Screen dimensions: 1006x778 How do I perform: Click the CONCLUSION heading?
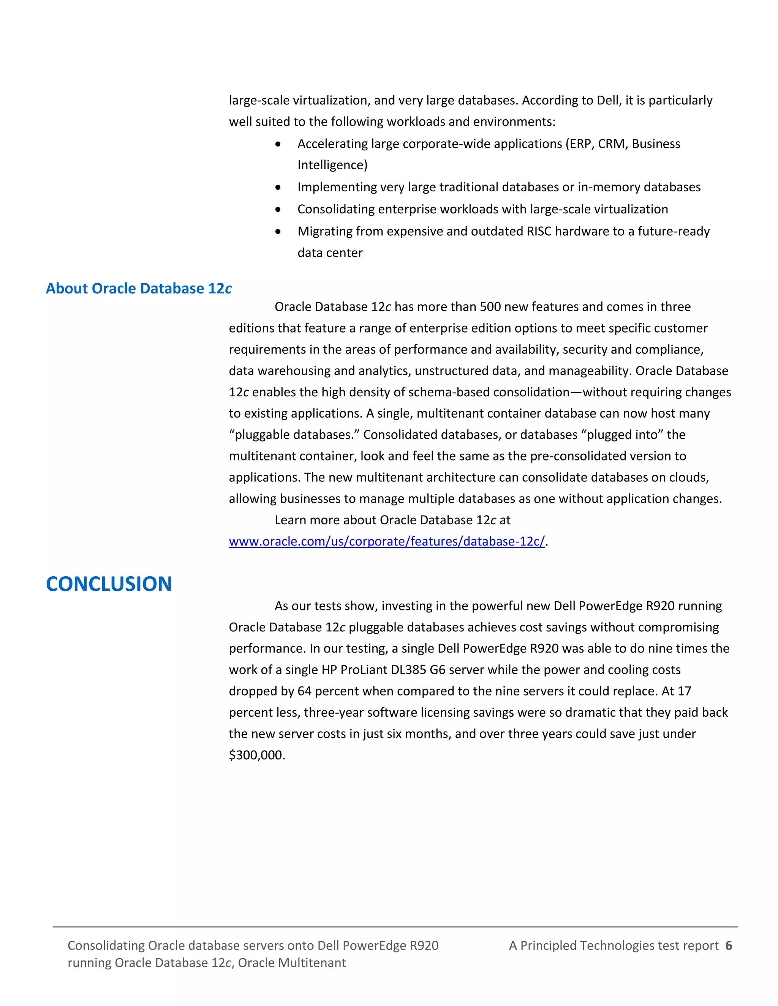point(109,584)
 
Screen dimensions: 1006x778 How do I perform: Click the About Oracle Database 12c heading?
point(138,289)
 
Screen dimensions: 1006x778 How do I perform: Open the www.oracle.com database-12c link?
point(386,541)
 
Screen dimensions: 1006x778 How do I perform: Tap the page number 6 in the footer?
point(729,946)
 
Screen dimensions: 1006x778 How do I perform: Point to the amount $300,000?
point(257,755)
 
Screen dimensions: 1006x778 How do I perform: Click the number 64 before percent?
point(304,691)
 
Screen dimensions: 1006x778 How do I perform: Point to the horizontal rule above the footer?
point(395,927)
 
